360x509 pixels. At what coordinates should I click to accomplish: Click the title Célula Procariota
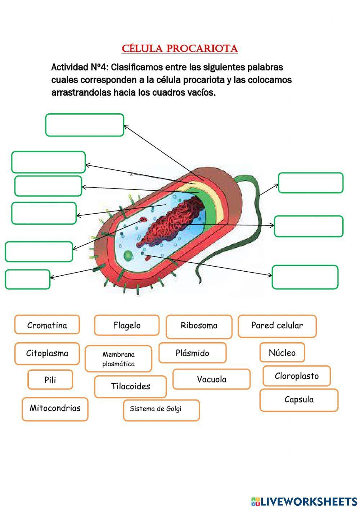(180, 49)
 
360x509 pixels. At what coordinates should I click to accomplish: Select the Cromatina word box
(47, 325)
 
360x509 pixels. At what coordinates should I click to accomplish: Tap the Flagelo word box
(127, 325)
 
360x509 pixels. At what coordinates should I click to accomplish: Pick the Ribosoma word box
(199, 326)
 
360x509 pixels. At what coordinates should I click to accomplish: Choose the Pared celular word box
(277, 326)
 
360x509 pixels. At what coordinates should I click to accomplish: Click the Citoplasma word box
(47, 353)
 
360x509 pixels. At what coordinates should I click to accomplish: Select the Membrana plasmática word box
(118, 359)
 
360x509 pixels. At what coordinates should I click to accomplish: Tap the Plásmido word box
(193, 353)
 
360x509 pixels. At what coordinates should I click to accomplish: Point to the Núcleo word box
(282, 352)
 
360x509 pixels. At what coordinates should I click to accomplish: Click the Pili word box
(50, 380)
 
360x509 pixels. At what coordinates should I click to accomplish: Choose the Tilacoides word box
(130, 387)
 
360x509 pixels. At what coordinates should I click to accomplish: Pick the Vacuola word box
(211, 379)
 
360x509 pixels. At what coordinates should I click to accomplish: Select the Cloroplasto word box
(297, 376)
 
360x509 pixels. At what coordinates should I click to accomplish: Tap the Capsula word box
(299, 400)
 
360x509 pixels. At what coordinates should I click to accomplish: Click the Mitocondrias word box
(55, 409)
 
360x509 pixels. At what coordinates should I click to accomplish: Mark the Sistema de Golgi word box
(161, 410)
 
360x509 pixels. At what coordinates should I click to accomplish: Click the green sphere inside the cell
(128, 256)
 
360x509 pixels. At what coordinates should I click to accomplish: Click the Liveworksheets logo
(304, 501)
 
